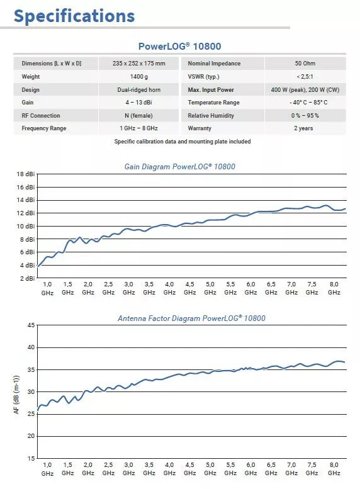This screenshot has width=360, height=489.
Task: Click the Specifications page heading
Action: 74,16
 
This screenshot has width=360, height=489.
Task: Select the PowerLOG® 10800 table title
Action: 180,46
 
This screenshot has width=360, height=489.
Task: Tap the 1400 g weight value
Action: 139,77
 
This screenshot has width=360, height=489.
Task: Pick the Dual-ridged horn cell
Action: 139,90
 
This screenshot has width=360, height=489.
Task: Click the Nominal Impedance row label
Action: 214,64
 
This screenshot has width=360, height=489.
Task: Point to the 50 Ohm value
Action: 305,64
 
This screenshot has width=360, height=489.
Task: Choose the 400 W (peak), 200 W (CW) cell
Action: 305,90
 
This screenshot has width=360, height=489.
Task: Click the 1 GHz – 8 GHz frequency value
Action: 139,128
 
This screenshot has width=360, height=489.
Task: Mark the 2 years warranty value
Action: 303,128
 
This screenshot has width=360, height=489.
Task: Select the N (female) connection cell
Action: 139,116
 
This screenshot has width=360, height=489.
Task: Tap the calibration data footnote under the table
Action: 183,142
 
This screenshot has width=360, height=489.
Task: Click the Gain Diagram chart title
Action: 180,167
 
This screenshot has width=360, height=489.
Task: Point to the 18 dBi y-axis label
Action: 26,174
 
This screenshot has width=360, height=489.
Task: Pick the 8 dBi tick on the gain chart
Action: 28,239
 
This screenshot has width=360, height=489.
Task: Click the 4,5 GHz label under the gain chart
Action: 189,288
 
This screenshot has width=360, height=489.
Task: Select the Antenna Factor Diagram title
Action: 191,318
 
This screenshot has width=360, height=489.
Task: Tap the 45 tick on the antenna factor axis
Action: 31,325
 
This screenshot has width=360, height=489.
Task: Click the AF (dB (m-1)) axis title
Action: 16,395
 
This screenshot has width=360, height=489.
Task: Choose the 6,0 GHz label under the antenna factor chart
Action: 251,469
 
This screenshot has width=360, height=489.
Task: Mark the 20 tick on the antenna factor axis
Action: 31,436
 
